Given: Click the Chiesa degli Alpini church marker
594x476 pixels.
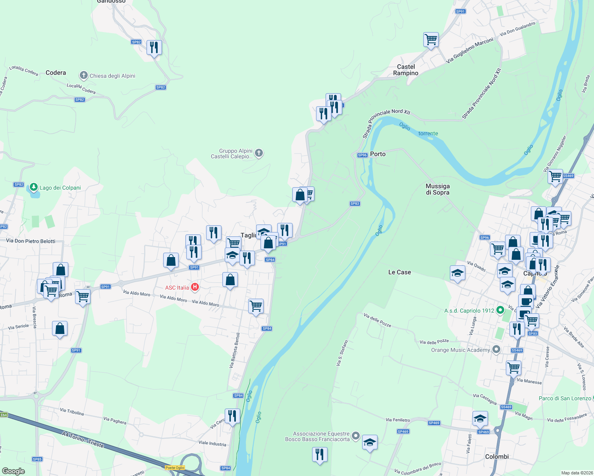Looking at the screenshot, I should (x=83, y=75).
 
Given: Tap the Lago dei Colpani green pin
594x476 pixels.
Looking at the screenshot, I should (x=34, y=187).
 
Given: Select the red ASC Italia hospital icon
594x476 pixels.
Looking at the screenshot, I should (x=195, y=287).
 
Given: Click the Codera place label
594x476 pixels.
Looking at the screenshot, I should (x=56, y=73).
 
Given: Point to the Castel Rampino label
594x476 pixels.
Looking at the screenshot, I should (x=406, y=70).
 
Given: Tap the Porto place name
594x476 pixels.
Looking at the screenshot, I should (x=378, y=154).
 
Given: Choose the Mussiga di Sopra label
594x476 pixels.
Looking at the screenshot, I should (x=438, y=189).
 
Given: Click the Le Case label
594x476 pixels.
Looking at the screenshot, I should (x=399, y=272).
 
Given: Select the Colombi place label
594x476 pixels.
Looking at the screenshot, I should (x=497, y=457).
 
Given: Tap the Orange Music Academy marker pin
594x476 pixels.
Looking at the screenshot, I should (x=496, y=349).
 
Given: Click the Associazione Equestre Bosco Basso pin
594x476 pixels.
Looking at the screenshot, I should (x=356, y=436).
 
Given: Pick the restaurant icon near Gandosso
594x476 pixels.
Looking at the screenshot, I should (x=154, y=48).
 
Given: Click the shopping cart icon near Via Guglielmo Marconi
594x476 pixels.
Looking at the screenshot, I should (x=431, y=40).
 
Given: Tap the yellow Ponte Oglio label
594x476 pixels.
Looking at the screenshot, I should (x=175, y=468).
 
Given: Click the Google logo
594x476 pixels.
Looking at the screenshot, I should (x=13, y=471).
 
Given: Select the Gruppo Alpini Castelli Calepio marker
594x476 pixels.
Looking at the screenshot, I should (x=259, y=153).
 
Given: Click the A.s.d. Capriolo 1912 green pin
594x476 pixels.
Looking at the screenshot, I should (x=500, y=310).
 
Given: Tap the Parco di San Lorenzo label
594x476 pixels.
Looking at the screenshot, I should (x=565, y=398).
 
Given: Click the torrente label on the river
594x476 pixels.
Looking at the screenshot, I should (x=428, y=134).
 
